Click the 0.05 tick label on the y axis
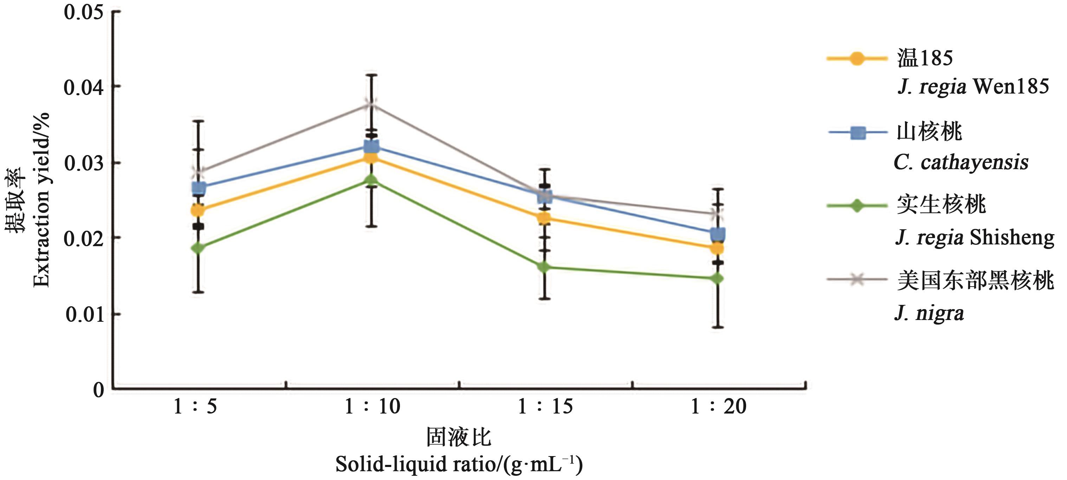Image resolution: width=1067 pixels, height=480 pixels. click(83, 12)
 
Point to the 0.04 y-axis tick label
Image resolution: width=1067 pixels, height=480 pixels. click(83, 88)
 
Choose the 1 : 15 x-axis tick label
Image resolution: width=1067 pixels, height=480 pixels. click(545, 407)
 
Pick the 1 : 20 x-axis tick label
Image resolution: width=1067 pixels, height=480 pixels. click(719, 407)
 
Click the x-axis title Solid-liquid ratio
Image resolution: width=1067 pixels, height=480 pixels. click(459, 464)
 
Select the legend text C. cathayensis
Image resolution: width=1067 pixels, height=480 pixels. click(961, 162)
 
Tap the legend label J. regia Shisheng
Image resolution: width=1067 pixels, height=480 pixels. click(975, 238)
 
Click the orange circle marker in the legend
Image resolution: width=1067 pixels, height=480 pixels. click(856, 58)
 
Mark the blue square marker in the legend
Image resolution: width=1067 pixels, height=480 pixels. click(858, 133)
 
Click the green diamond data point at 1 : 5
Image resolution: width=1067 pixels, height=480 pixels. click(199, 248)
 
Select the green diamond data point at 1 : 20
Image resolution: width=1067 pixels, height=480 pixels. click(718, 279)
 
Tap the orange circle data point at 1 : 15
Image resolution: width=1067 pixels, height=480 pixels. click(545, 218)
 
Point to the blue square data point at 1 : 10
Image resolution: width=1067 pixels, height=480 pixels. click(371, 147)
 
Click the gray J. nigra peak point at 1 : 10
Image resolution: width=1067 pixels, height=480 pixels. click(371, 104)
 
